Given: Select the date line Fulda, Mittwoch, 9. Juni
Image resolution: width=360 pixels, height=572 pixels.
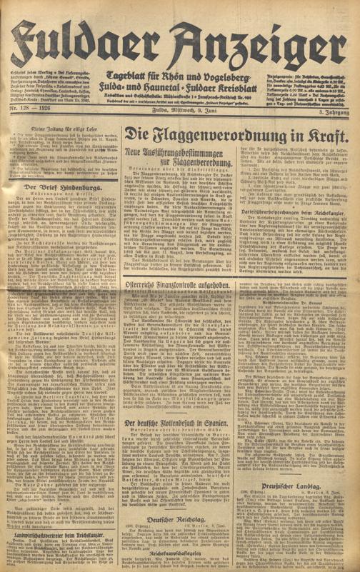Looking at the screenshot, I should [179, 109].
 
